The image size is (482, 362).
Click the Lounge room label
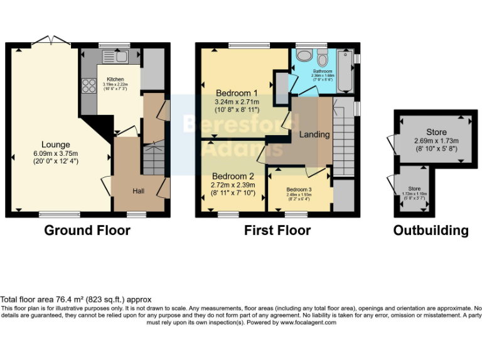point(56,145)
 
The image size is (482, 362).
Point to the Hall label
point(139,190)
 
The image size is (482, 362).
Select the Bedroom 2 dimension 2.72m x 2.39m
point(232,186)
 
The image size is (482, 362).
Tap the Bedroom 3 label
point(299,189)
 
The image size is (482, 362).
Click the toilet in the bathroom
point(323,60)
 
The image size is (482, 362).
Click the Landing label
point(314,134)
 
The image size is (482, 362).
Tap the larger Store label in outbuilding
point(436,131)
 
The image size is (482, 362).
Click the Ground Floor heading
point(87,231)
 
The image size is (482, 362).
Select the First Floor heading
point(277,231)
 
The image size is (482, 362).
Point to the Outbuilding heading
point(431,231)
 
